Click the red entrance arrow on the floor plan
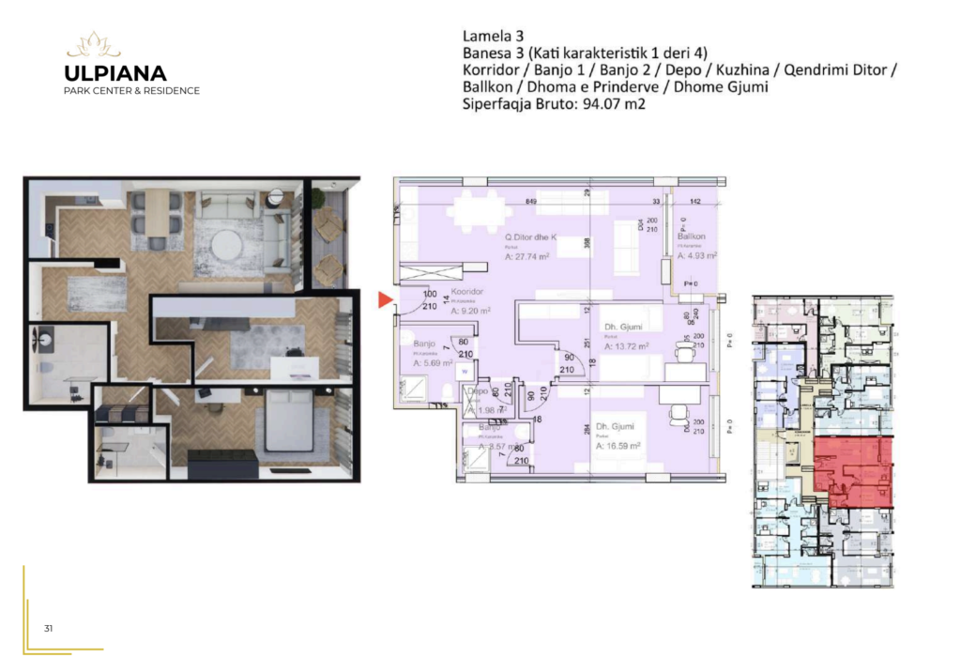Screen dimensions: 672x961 tap(384, 300)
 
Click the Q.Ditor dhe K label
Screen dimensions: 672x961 tap(532, 237)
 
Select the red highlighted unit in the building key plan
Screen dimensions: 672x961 tap(850, 469)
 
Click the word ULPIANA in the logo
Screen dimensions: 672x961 tap(115, 73)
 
